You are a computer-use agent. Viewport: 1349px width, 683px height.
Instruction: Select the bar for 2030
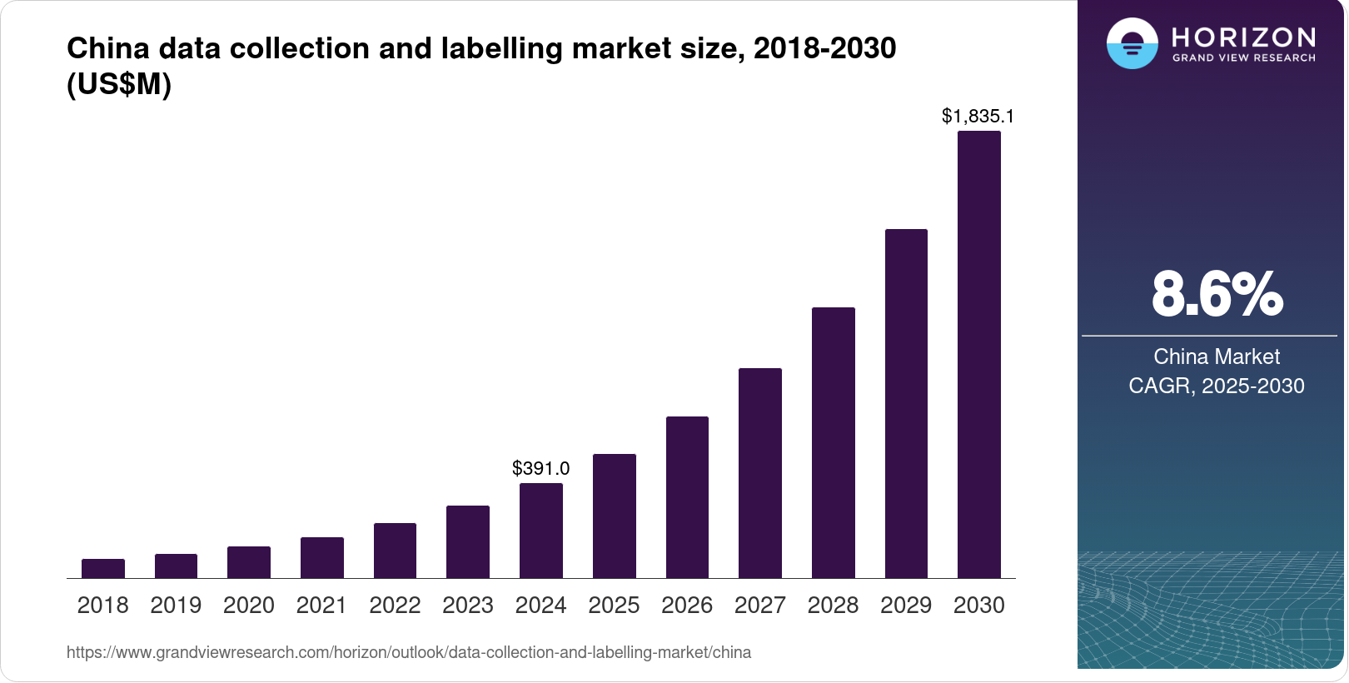tap(978, 354)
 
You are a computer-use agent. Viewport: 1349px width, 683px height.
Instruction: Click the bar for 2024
tap(540, 531)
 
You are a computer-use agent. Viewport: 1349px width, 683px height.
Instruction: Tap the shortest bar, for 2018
tap(102, 569)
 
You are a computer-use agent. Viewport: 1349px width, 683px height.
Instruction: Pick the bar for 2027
tap(759, 473)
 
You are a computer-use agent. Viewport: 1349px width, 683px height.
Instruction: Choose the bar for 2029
tap(906, 403)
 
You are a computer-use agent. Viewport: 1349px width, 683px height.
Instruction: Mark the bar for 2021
tap(321, 558)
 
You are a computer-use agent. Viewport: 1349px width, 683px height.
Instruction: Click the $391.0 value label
tap(540, 468)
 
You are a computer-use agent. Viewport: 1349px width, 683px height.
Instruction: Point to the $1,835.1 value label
tap(978, 116)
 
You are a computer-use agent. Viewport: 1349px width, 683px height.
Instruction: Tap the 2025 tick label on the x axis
tap(614, 606)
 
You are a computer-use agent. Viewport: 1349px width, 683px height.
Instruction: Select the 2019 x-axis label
tap(176, 606)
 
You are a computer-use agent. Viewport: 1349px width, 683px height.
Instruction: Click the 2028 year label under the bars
tap(833, 606)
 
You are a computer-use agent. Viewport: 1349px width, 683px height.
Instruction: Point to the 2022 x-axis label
tap(395, 606)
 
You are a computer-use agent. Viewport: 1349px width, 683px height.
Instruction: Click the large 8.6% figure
tap(1217, 294)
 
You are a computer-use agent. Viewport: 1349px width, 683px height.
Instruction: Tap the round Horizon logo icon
tap(1132, 43)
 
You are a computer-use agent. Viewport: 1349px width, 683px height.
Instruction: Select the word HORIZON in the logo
tap(1243, 37)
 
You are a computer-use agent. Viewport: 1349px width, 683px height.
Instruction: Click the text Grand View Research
tap(1243, 58)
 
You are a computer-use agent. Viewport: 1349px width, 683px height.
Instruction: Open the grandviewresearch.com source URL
tap(408, 652)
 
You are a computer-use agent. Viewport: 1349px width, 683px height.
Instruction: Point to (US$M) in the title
tap(119, 85)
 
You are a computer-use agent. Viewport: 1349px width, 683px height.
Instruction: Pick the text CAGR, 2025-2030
tap(1216, 386)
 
